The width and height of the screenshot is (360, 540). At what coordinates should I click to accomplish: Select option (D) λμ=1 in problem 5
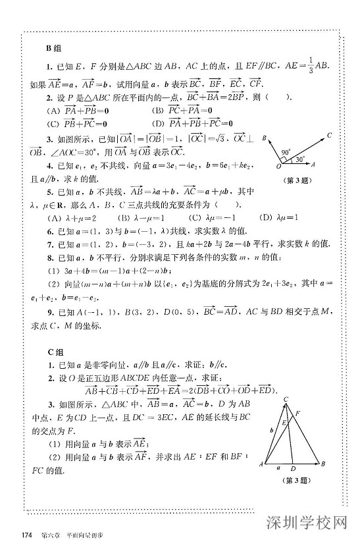pos(280,218)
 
